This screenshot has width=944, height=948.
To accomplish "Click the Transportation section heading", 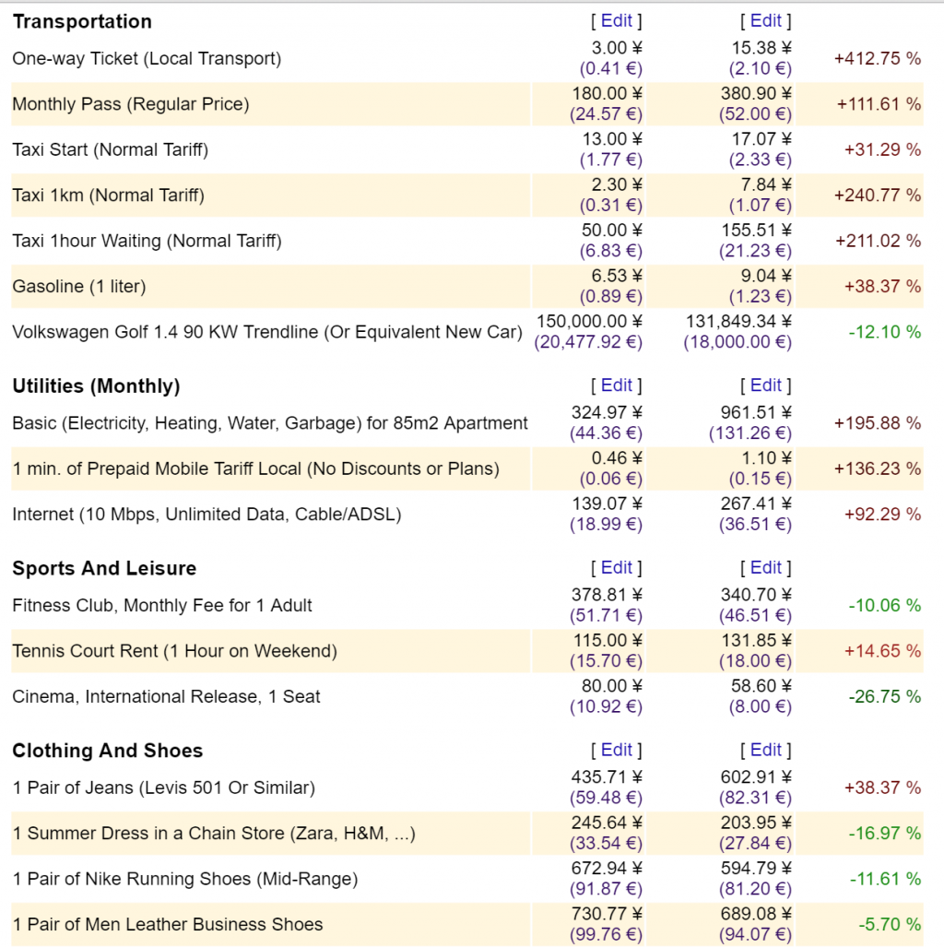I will coord(82,21).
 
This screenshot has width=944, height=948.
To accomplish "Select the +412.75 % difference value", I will coord(877,58).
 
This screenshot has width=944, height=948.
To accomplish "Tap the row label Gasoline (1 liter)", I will coord(79,287).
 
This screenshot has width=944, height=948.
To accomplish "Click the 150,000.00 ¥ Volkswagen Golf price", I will coord(588,321).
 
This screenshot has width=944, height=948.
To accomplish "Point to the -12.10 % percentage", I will coord(884,332).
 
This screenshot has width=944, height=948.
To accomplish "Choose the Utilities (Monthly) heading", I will coord(96,386).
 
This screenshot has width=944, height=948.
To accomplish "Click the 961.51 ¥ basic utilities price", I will coord(755,412).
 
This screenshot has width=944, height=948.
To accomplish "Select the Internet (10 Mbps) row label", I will coord(206,515).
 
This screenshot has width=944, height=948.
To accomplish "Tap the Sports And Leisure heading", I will coord(104,568).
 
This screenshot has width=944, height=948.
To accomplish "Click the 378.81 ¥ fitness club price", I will coord(607,595).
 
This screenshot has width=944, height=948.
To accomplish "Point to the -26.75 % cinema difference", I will coord(884,696).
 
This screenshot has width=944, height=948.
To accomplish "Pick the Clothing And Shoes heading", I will coord(107,751).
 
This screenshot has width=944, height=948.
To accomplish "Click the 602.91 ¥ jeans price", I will coord(755,777).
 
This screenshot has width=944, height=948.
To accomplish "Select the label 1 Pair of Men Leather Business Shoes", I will coord(168,925).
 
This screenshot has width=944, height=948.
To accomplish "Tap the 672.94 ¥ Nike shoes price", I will coord(607,868).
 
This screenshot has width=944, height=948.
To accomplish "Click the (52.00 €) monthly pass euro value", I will coord(755,114).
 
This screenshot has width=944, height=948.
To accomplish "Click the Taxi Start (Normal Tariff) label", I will coord(110,149).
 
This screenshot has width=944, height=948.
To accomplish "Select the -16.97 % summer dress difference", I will coord(884,834).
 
